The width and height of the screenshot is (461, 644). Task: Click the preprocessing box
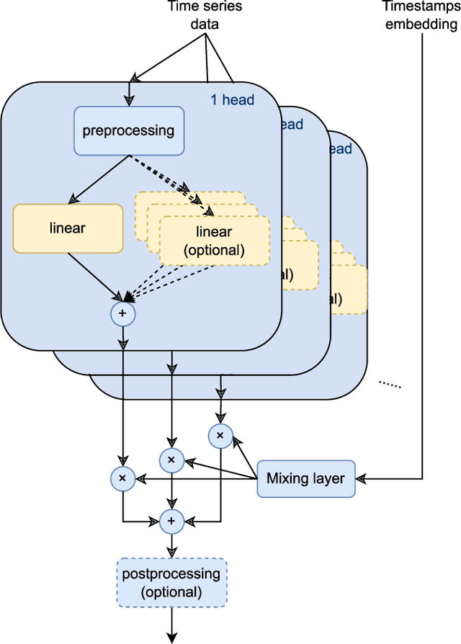pyautogui.click(x=129, y=131)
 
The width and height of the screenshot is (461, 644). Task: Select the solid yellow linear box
pyautogui.click(x=68, y=228)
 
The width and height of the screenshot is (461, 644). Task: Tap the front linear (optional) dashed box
pyautogui.click(x=215, y=241)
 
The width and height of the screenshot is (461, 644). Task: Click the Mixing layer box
pyautogui.click(x=306, y=478)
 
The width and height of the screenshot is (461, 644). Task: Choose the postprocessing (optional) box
pyautogui.click(x=171, y=583)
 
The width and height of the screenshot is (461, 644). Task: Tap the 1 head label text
pyautogui.click(x=233, y=100)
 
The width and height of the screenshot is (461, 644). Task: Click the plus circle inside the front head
pyautogui.click(x=122, y=313)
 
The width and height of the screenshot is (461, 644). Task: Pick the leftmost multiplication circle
pyautogui.click(x=122, y=478)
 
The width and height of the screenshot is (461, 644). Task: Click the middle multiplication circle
pyautogui.click(x=171, y=460)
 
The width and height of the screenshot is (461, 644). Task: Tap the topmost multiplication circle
pyautogui.click(x=220, y=435)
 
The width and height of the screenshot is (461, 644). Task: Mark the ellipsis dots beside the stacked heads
pyautogui.click(x=390, y=385)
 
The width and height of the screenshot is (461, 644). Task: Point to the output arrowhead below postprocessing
pyautogui.click(x=171, y=636)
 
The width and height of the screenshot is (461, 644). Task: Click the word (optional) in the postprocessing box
pyautogui.click(x=171, y=591)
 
